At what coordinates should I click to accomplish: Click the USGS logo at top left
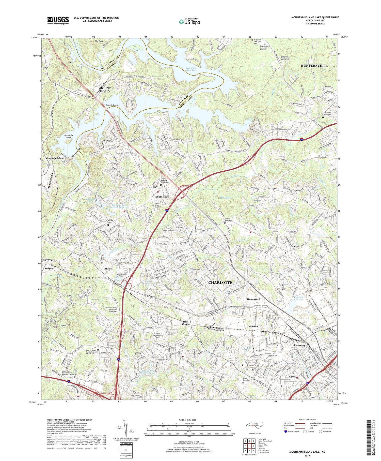coord(58,20)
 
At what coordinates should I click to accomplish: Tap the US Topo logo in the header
coord(189,22)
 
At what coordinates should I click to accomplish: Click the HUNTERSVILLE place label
coord(314,66)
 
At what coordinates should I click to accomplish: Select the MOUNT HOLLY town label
coord(105,90)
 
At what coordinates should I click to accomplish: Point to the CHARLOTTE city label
coord(220,282)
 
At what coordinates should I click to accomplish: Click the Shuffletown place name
coord(162,197)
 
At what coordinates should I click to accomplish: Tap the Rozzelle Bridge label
coord(112,105)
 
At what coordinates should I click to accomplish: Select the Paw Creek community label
coord(186,323)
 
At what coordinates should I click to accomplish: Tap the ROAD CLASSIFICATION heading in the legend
coord(307,420)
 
